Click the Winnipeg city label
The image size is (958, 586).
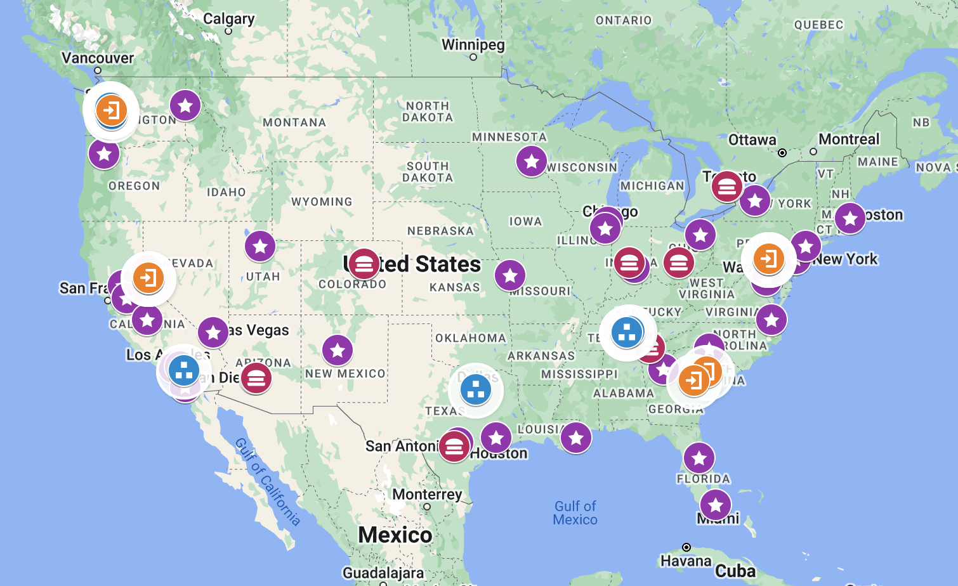click(x=473, y=45)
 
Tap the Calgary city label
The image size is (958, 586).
click(x=228, y=19)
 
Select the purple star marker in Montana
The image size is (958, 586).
click(x=185, y=105)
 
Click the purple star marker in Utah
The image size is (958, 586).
click(x=260, y=246)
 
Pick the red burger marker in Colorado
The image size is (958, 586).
click(x=364, y=264)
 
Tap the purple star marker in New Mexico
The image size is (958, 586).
click(x=338, y=349)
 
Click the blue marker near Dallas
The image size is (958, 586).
click(x=475, y=389)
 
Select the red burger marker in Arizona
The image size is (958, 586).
click(x=256, y=379)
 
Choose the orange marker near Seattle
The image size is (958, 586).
click(x=112, y=110)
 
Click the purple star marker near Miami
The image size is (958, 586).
click(x=716, y=505)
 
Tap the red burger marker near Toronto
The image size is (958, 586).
click(x=727, y=186)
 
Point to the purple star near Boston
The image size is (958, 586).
click(x=850, y=218)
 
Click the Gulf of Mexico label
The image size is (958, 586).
click(x=575, y=513)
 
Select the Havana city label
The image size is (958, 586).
click(x=685, y=561)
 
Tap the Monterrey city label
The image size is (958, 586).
click(x=427, y=494)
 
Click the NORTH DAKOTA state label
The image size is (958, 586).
click(x=428, y=112)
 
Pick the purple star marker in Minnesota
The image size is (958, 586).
click(x=532, y=161)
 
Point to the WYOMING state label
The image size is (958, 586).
click(x=322, y=202)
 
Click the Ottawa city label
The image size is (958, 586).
click(x=752, y=140)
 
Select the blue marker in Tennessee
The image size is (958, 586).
click(x=627, y=332)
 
